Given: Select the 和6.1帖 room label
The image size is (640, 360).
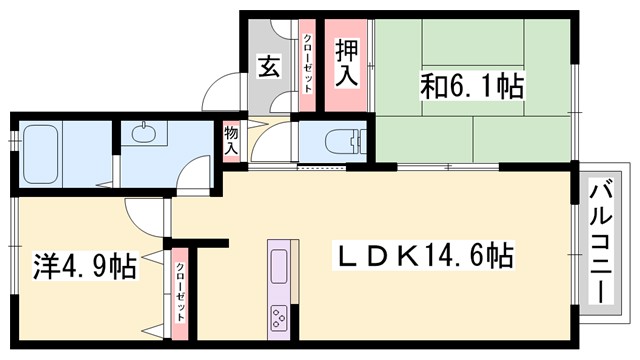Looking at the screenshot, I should pyautogui.click(x=472, y=86).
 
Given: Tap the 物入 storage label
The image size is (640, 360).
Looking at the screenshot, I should pyautogui.click(x=231, y=139).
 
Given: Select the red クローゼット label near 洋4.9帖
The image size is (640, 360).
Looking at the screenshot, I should pyautogui.click(x=180, y=290).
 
